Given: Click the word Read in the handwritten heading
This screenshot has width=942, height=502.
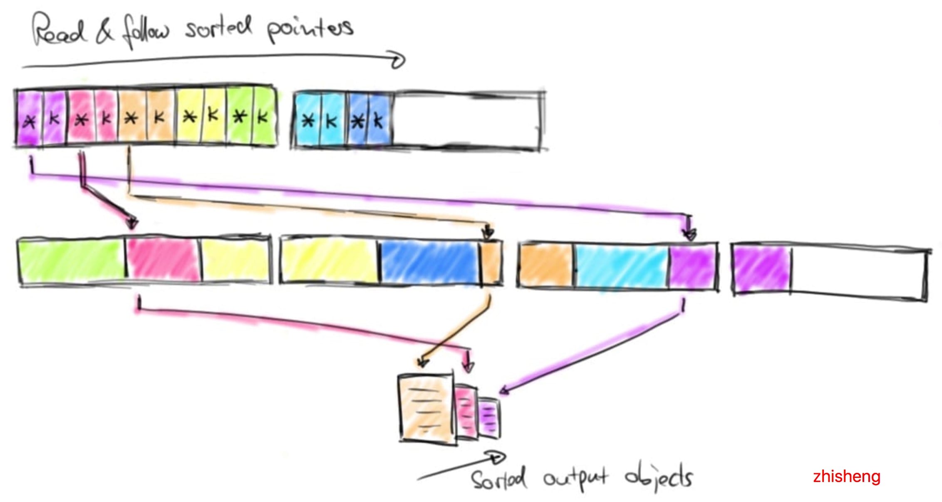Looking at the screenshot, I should coord(58,30).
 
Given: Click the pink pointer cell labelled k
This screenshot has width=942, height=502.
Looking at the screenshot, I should coord(106,119).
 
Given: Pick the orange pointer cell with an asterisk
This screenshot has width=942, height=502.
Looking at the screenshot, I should coord(131,119).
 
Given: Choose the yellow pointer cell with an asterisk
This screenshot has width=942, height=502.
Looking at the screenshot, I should coord(190,117).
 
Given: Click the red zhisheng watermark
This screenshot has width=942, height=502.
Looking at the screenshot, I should coord(846,476).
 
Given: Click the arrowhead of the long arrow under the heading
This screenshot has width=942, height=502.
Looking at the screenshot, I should coord(399,61).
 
